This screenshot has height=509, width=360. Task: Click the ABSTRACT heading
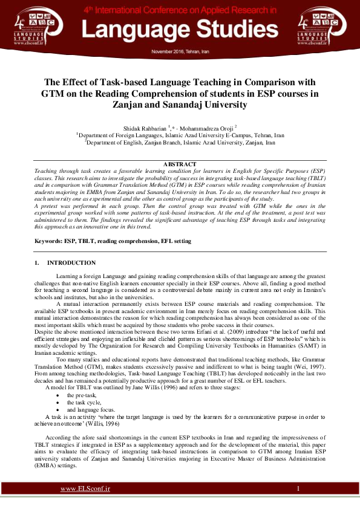[x=180, y=164]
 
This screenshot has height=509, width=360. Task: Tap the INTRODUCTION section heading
[x=71, y=263]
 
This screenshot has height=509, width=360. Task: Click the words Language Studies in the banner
[x=180, y=30]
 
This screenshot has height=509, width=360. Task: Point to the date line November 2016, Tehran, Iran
[x=180, y=51]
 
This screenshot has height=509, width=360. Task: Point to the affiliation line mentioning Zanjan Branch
[x=180, y=143]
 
